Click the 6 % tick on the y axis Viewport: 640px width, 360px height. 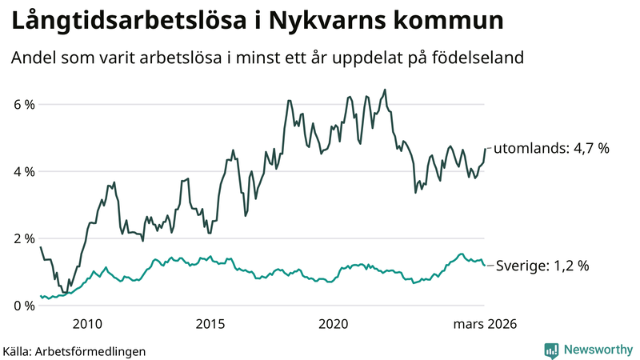click(23, 104)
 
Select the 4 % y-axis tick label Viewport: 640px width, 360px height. click(23, 171)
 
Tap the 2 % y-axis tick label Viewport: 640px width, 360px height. click(23, 238)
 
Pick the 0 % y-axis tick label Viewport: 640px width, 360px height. click(23, 306)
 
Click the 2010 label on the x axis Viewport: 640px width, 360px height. click(87, 324)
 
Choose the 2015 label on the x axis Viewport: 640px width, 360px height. click(210, 324)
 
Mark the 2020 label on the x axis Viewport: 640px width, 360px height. click(334, 324)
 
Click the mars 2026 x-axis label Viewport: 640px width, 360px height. click(485, 324)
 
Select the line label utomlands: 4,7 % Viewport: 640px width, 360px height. click(551, 148)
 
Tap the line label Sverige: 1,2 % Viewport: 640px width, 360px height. click(542, 266)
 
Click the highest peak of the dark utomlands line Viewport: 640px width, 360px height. click(385, 90)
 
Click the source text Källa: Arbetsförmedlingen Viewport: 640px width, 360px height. click(74, 350)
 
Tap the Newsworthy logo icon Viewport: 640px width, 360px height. click(551, 350)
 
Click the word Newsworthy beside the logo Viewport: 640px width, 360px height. click(597, 350)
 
